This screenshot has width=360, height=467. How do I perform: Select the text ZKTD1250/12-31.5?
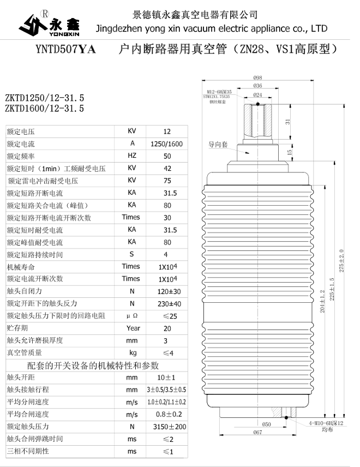[44, 98]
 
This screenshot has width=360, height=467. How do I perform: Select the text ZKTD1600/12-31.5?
[44, 109]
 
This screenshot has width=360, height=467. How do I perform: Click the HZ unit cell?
[131, 156]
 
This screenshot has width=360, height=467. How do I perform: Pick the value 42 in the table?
[167, 169]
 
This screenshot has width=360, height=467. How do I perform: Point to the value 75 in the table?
[167, 181]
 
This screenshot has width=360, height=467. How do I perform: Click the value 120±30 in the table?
[167, 291]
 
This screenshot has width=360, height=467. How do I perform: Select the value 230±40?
[167, 303]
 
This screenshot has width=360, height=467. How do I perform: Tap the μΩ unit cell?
[131, 316]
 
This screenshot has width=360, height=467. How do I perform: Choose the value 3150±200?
[167, 427]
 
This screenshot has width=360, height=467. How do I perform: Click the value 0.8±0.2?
[167, 415]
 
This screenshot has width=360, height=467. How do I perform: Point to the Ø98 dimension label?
[258, 77]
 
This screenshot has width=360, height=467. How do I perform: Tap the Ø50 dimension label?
[267, 424]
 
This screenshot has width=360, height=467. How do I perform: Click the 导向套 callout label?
[218, 145]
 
